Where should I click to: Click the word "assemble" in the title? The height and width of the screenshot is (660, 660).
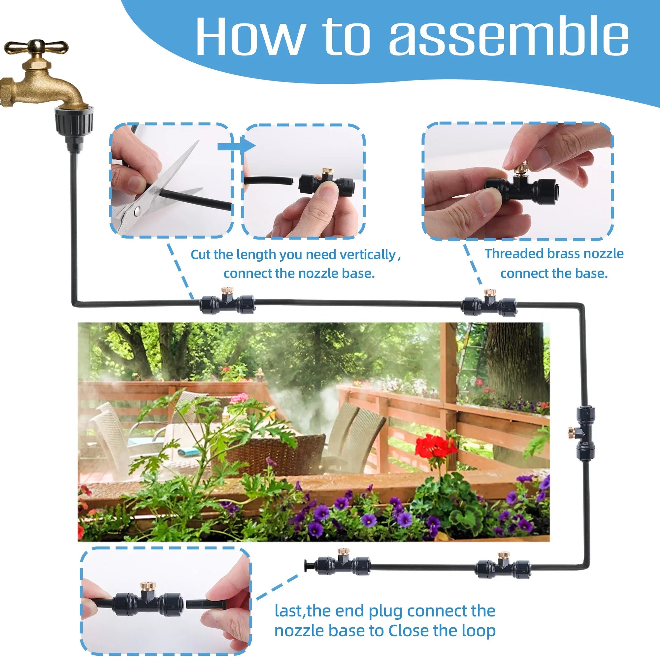tap(509, 36)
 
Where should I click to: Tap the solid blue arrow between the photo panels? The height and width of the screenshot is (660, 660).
tap(236, 146)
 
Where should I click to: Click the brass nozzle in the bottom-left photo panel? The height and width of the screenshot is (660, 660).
tap(146, 588)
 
